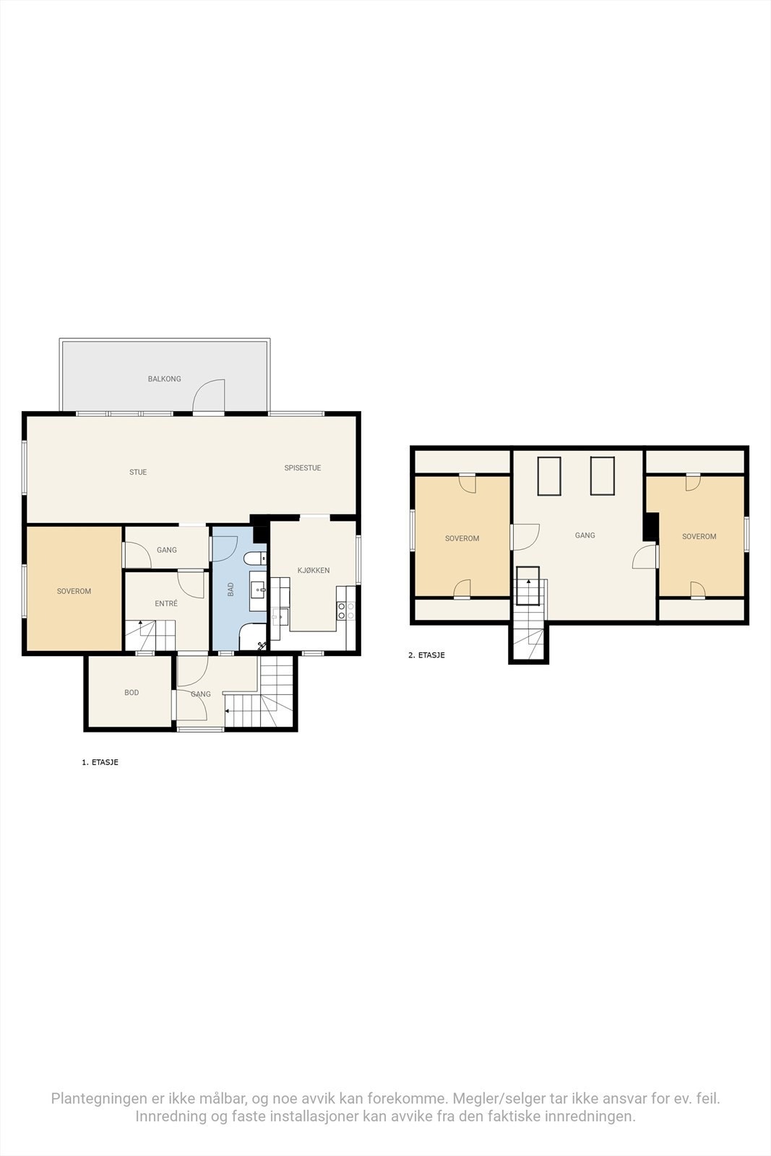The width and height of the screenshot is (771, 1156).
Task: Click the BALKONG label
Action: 164,379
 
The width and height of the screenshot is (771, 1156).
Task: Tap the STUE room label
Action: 138,472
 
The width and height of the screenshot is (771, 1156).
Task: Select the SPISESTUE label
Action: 302,467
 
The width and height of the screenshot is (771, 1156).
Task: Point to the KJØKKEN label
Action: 314,570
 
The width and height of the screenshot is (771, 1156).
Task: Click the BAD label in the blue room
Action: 231,590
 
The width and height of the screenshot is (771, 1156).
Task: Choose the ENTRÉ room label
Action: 166,603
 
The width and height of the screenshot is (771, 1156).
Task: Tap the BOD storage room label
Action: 132,692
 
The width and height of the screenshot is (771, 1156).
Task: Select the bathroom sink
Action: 258,590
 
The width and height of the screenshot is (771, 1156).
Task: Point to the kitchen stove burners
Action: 346,611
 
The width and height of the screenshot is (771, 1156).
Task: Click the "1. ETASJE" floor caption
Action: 100,762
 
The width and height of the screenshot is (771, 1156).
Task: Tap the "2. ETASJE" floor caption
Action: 426,655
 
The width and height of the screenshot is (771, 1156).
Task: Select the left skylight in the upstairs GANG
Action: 549,476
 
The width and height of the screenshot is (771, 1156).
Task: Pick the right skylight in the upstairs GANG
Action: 602,476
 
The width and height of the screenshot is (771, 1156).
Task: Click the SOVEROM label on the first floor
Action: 74,591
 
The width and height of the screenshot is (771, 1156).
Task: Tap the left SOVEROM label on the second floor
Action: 462,538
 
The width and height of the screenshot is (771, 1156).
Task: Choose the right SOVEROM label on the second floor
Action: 699,536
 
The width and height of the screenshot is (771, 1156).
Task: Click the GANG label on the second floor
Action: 585,535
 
